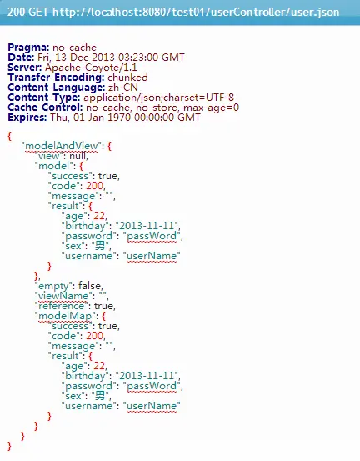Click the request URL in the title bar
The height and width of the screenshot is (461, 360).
point(196,12)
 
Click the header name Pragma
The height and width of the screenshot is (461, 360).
point(28,48)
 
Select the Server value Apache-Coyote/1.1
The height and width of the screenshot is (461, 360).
point(91,68)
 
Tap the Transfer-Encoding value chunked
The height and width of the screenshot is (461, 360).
point(127,78)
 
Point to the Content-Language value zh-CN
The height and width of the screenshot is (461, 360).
point(123,88)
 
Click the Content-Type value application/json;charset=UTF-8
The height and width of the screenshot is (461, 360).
point(158,98)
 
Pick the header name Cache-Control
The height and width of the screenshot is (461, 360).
point(45,108)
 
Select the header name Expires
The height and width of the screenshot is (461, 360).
point(27,118)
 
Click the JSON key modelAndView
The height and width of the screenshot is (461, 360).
point(62,146)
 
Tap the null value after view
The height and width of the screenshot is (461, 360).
point(77,156)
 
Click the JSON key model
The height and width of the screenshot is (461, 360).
point(54,166)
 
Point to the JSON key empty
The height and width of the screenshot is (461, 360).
point(53,286)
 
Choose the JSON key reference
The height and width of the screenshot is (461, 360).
point(62,306)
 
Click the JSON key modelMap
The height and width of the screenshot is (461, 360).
point(65,316)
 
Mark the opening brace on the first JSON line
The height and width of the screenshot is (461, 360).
point(10,136)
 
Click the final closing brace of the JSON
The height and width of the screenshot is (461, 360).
point(10,446)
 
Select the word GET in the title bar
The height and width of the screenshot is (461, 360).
point(39,12)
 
